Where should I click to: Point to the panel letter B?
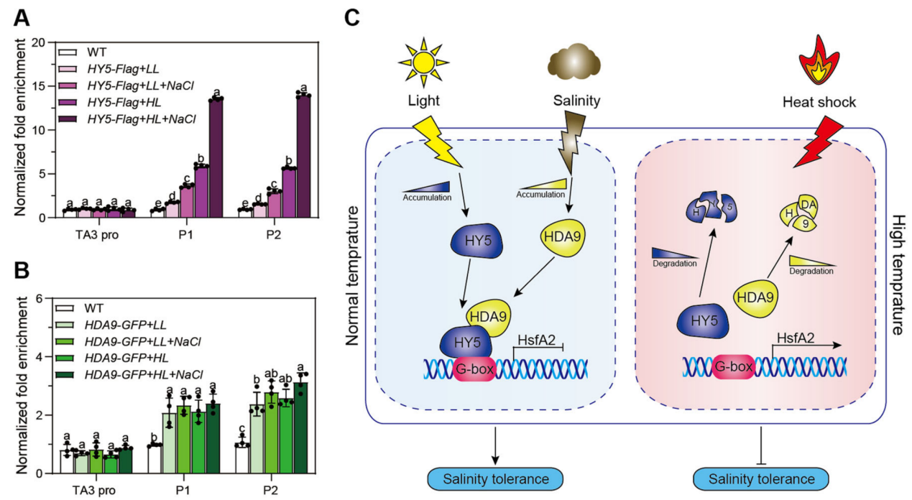(x=22, y=270)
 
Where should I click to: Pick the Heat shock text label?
(x=820, y=102)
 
